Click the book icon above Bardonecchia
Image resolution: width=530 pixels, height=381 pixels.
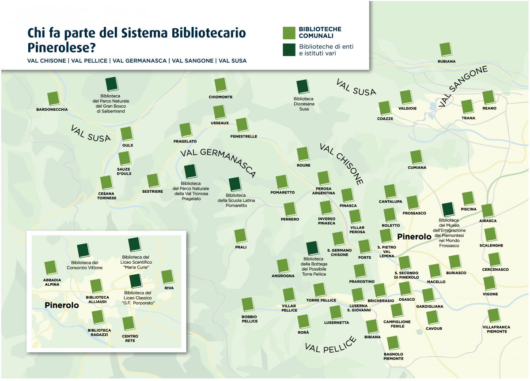point(53,99)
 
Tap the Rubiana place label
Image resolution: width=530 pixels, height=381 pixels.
point(446,61)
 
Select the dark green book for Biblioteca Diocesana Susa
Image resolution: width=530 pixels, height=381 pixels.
point(303,87)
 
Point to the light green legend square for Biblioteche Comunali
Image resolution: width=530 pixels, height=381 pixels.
point(289,33)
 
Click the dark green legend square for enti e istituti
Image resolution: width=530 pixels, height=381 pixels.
point(289,50)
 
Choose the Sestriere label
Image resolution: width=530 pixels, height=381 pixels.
point(152,192)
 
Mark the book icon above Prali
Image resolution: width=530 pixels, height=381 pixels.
point(240,235)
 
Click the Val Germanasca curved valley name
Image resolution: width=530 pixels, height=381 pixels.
point(218,161)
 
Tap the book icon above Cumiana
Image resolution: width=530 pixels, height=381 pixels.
point(416,157)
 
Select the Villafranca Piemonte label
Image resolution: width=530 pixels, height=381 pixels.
point(496,329)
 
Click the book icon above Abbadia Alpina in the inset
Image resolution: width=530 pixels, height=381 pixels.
point(51,268)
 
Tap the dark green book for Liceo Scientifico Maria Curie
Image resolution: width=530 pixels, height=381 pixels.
point(134,245)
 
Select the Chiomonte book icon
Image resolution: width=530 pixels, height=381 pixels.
point(220,85)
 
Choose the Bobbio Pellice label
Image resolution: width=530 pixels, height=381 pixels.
point(250,319)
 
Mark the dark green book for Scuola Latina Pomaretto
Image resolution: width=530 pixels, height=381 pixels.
point(235,184)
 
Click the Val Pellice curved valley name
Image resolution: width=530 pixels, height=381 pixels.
point(330,344)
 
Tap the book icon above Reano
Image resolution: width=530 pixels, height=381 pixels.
point(488,97)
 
